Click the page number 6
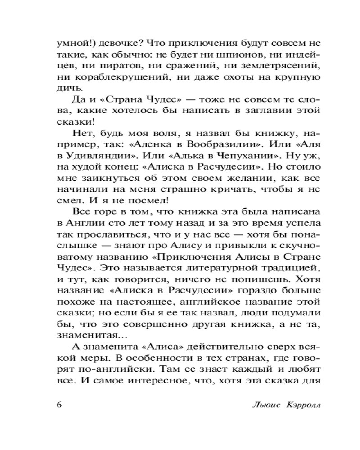pos(59,403)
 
